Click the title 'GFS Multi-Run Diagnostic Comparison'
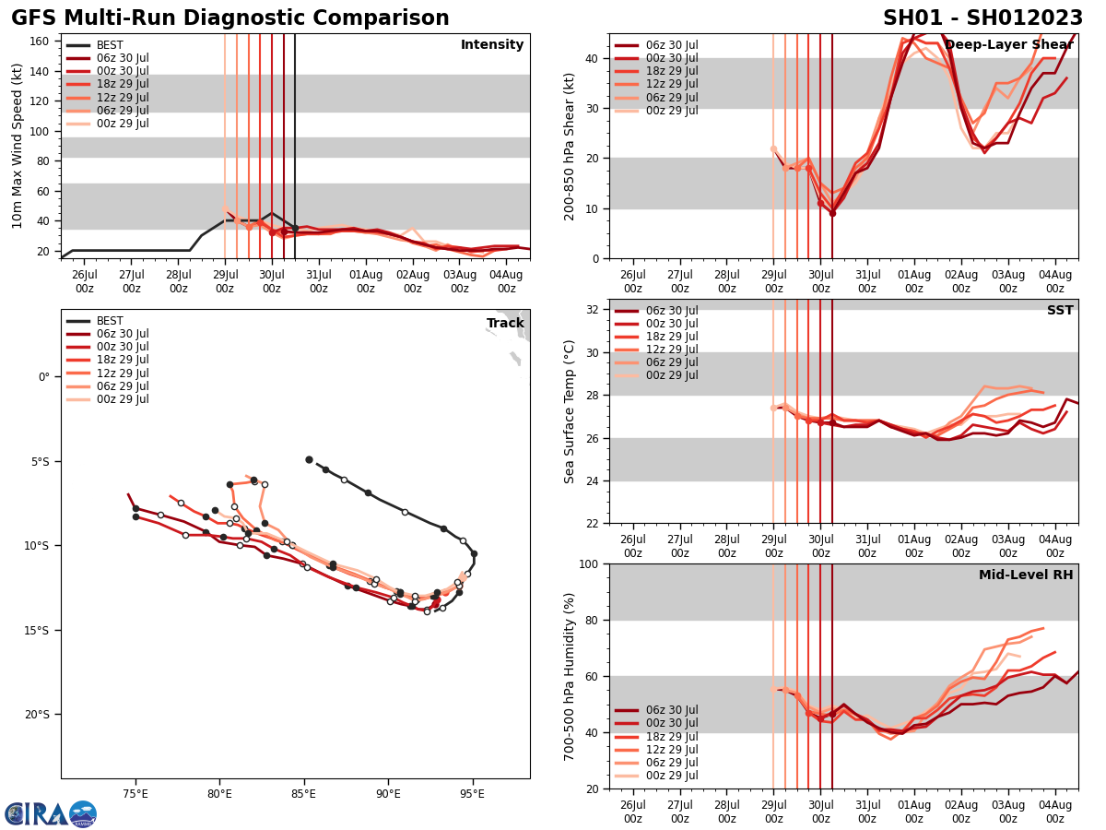point(230,18)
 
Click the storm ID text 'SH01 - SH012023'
point(982,18)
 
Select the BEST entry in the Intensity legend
point(109,45)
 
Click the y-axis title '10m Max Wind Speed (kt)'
point(18,147)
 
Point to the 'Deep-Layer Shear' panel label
point(1008,45)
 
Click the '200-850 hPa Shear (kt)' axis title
point(571,147)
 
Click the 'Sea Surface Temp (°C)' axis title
point(571,411)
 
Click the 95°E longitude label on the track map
point(472,794)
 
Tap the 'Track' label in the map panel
point(505,324)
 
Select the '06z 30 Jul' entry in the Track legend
point(122,334)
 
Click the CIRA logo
point(51,813)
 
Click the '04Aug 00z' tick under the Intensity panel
point(506,280)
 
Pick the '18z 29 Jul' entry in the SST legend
point(672,337)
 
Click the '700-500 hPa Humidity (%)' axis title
point(571,676)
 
